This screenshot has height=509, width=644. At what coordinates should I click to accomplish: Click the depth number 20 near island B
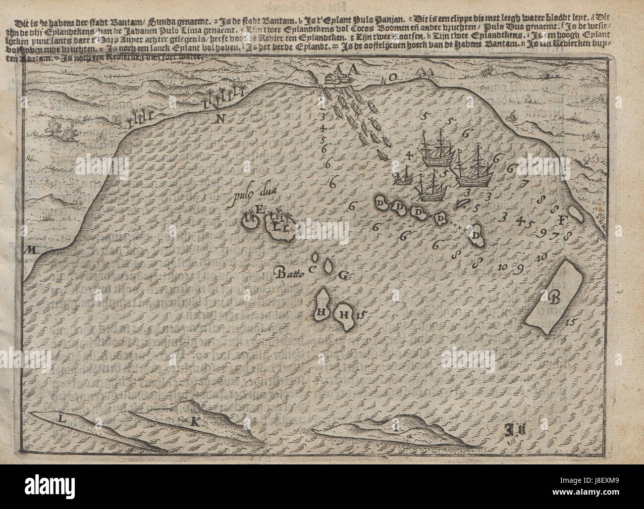pos(541,257)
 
